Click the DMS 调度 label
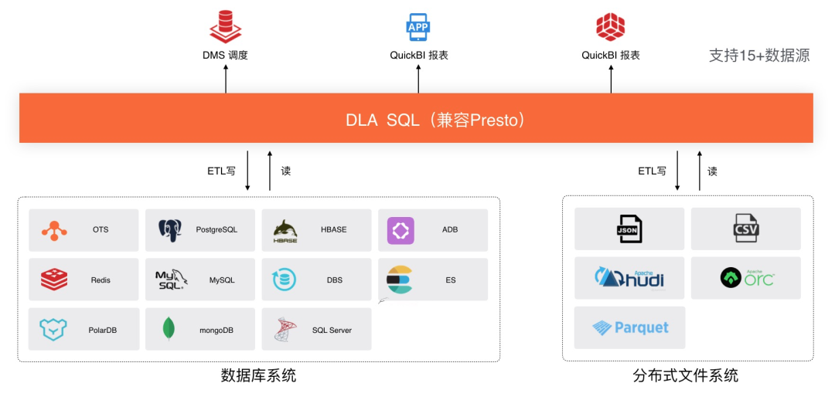[x=225, y=56]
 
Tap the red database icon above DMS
[x=225, y=26]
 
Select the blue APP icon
[x=418, y=26]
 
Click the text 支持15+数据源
[x=759, y=56]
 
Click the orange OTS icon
[x=54, y=230]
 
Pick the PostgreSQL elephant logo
[x=170, y=230]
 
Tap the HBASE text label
[x=334, y=229]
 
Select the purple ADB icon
[x=400, y=230]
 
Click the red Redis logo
[x=54, y=280]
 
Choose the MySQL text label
[x=222, y=280]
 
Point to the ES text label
[x=451, y=280]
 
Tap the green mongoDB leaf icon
[x=169, y=329]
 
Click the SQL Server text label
[x=332, y=330]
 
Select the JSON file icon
[x=629, y=229]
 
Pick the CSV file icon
[x=746, y=229]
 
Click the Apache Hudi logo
[x=629, y=278]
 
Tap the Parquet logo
[x=630, y=327]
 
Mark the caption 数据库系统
[x=258, y=376]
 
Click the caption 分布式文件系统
[x=685, y=376]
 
